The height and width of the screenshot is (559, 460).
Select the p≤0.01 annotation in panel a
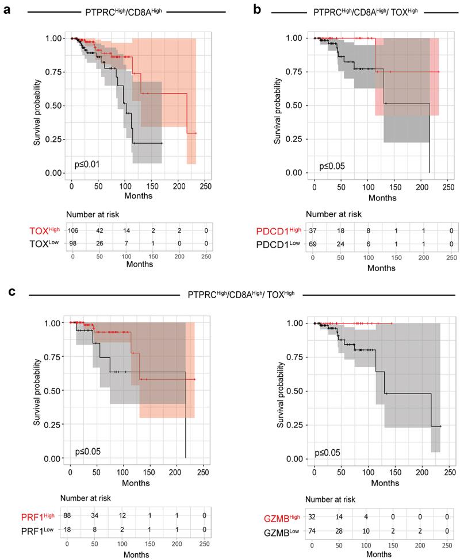point(87,165)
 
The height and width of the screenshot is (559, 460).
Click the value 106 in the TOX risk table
point(73,230)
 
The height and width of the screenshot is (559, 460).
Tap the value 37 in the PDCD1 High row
point(314,230)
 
